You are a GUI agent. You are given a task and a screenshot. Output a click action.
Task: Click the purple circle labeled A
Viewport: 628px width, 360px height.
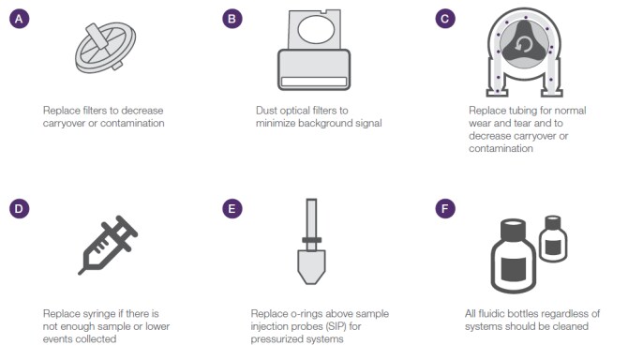click(20, 19)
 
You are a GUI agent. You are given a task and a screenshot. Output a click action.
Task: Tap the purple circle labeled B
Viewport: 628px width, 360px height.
click(232, 19)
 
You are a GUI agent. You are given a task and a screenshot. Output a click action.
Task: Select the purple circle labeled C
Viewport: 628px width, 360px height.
click(445, 19)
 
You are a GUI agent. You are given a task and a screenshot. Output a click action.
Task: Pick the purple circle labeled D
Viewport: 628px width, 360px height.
click(20, 209)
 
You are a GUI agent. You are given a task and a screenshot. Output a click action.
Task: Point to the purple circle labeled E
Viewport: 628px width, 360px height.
click(232, 209)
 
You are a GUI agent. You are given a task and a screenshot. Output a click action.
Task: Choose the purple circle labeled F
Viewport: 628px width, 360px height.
click(445, 209)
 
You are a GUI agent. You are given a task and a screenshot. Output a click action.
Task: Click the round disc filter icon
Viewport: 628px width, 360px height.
click(105, 48)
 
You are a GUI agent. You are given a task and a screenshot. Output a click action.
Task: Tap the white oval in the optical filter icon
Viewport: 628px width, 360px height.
click(316, 30)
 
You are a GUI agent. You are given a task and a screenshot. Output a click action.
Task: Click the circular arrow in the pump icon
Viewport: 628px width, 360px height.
click(524, 45)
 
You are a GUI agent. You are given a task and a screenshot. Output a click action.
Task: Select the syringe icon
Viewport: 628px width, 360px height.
click(108, 245)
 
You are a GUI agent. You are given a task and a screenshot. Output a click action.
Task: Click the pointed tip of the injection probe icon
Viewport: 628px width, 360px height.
click(311, 283)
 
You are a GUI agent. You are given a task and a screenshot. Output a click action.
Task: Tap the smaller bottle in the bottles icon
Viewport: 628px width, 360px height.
click(553, 239)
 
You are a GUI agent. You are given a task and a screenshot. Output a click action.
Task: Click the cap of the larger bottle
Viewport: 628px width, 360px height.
click(513, 228)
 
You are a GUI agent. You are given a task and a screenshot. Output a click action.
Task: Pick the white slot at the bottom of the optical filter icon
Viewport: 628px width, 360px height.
click(314, 82)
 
